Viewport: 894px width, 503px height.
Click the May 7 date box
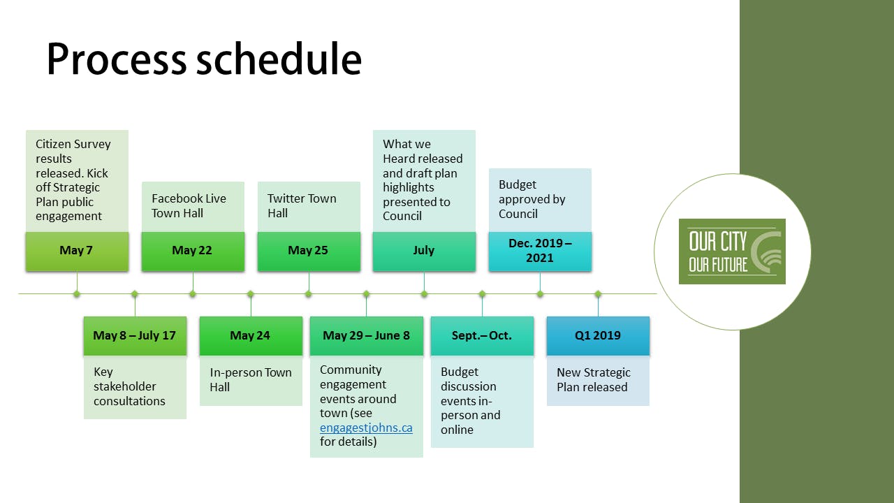(x=77, y=251)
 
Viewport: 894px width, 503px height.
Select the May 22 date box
(x=193, y=251)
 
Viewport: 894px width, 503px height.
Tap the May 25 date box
(x=309, y=251)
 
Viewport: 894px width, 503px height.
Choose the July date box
(x=424, y=251)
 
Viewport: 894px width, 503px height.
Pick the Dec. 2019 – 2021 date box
(x=540, y=251)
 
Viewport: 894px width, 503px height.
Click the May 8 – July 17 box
(x=135, y=336)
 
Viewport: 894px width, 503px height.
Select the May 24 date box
(x=251, y=336)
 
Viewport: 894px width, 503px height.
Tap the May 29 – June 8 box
(x=367, y=336)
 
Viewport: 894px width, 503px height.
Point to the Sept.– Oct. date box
(x=482, y=336)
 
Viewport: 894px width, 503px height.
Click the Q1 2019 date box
(x=598, y=336)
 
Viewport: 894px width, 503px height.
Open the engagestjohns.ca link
(x=366, y=428)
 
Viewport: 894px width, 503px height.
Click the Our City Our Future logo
(x=732, y=251)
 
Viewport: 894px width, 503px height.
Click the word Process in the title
(x=116, y=60)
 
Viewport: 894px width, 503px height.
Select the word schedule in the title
(x=279, y=60)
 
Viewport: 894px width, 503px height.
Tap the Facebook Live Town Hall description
(x=189, y=206)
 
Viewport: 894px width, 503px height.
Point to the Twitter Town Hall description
(x=302, y=206)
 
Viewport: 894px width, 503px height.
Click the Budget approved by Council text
(x=532, y=199)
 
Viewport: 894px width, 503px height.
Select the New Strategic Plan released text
(x=594, y=380)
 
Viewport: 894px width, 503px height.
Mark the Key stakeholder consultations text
(x=129, y=386)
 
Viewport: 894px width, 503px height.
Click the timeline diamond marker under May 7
(x=77, y=294)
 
